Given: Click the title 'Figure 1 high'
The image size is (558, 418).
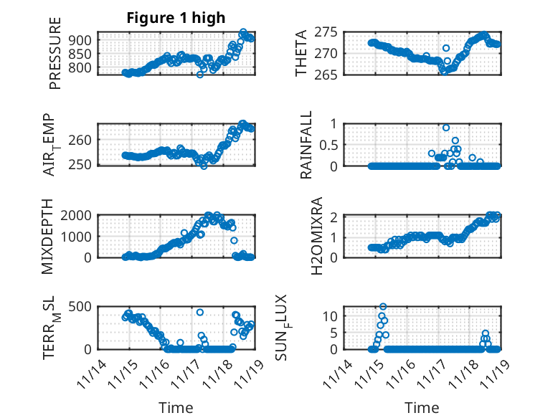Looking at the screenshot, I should tap(176, 18).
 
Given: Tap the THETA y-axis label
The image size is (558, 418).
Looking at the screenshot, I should tap(301, 53).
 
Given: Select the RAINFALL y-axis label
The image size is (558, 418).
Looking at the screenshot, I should tap(306, 146).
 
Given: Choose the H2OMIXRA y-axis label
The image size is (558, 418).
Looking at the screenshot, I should tap(306, 237).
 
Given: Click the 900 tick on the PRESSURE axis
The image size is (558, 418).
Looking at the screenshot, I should tap(80, 39).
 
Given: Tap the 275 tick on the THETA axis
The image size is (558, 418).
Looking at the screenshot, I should tap(326, 33).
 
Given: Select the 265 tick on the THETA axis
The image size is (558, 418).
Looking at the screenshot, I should tap(326, 75).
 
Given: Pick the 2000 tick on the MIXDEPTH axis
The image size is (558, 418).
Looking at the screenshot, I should tap(77, 215).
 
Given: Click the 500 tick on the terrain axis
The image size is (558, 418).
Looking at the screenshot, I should tap(80, 307).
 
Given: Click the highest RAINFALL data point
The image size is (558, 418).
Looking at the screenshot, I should tap(446, 128).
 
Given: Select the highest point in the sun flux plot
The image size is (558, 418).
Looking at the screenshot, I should tap(383, 307).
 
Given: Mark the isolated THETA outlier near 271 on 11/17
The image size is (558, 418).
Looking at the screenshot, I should tap(445, 48).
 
